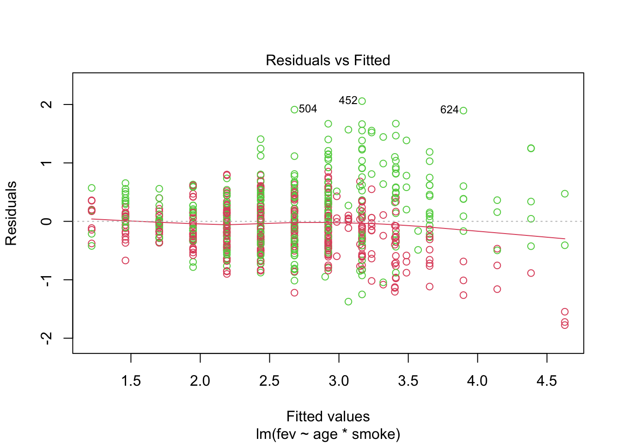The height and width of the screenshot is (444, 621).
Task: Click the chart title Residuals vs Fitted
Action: tap(328, 60)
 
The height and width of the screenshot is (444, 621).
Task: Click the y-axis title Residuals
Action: tap(11, 213)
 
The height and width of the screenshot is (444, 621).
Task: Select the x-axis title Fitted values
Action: tap(328, 416)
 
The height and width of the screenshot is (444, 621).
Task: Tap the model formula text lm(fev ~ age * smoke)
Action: tap(328, 434)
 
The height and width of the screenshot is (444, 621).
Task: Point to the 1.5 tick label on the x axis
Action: tap(131, 381)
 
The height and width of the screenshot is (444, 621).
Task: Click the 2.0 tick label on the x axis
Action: tap(200, 381)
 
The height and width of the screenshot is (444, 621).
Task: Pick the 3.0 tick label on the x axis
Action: tap(339, 381)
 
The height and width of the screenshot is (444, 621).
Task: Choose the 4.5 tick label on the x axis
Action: tap(547, 381)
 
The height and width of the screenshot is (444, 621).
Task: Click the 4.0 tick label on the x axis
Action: tap(477, 381)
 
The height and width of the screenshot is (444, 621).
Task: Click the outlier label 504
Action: tap(308, 109)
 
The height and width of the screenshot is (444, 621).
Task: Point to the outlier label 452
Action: tap(348, 100)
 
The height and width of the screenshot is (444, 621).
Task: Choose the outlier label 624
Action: tap(449, 110)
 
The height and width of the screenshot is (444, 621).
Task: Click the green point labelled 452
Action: tap(362, 101)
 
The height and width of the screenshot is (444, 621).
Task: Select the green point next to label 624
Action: tap(463, 111)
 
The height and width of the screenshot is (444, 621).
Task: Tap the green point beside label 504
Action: tap(294, 110)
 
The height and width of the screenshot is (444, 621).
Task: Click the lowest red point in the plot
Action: tap(565, 325)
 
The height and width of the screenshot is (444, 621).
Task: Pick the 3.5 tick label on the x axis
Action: tap(408, 381)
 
